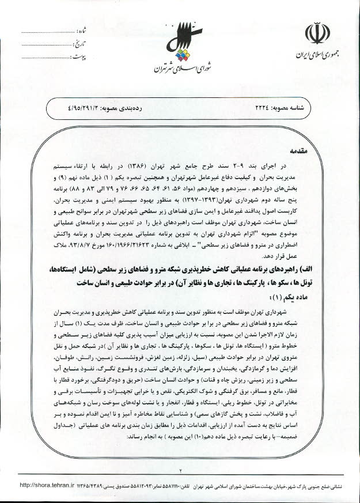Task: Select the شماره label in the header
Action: pyautogui.click(x=81, y=31)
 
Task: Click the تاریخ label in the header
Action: pyautogui.click(x=79, y=44)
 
